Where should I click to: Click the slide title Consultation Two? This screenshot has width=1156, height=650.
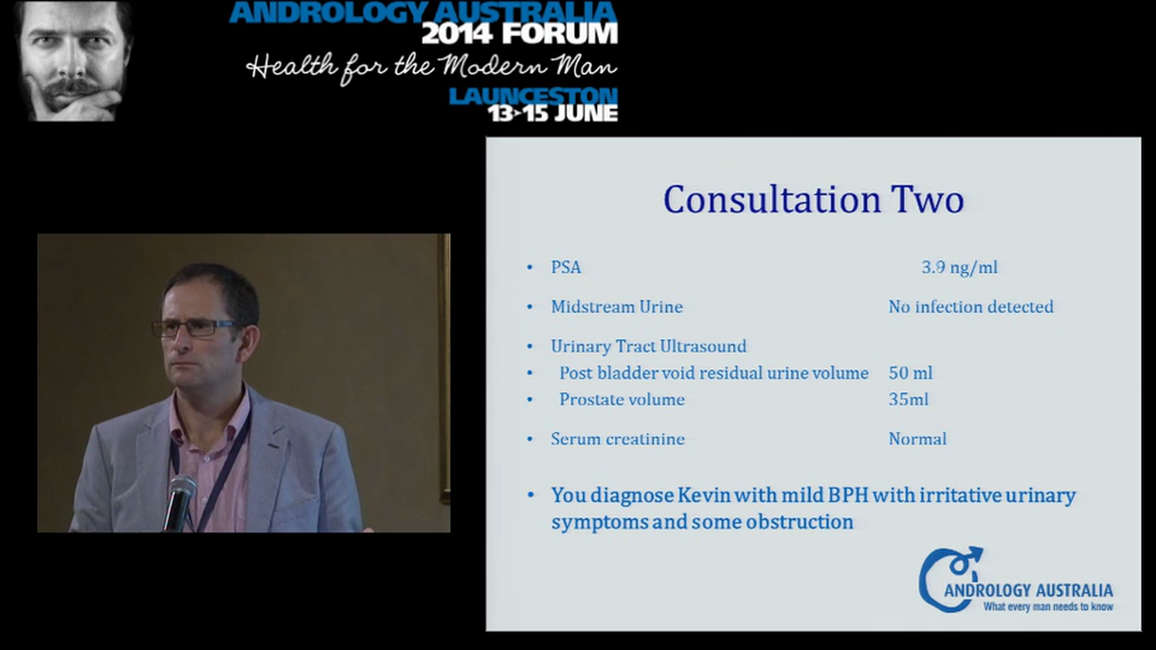tap(813, 200)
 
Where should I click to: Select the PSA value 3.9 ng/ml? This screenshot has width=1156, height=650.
tap(959, 267)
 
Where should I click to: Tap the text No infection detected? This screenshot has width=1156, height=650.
tap(971, 307)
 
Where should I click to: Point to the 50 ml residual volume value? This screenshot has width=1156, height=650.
tap(910, 373)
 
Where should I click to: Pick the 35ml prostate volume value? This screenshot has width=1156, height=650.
tap(909, 399)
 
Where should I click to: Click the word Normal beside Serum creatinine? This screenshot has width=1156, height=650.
tap(918, 439)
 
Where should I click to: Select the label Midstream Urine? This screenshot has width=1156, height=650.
tap(617, 307)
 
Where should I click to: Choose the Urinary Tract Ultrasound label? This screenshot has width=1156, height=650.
tap(648, 346)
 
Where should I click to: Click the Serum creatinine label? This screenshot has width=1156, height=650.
tap(618, 439)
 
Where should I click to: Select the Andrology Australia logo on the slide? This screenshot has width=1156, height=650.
tap(1015, 580)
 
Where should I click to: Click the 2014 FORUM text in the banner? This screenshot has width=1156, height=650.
tap(519, 34)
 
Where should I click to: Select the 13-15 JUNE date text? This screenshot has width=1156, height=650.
tap(552, 113)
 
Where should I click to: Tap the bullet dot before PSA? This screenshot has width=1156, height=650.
tap(530, 268)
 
